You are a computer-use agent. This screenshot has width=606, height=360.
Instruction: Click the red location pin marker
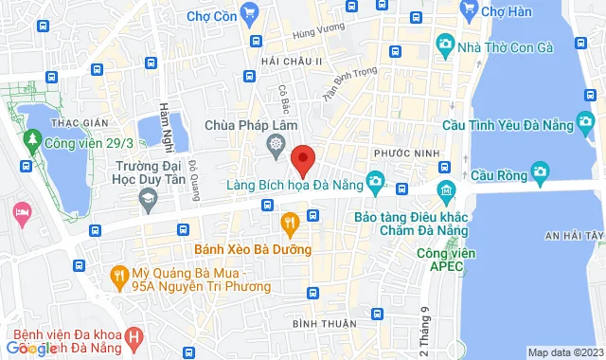(x=303, y=160)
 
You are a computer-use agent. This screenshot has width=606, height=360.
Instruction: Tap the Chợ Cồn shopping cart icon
(x=250, y=12)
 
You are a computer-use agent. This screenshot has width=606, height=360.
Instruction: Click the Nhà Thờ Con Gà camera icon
(x=445, y=44)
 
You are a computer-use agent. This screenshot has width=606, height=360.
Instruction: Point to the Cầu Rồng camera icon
(x=541, y=171)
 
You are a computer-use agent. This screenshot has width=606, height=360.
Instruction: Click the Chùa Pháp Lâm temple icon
(x=276, y=146)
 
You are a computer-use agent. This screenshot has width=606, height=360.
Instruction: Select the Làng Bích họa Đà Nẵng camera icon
(x=376, y=180)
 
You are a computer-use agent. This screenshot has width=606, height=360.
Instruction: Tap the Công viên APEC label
(x=448, y=261)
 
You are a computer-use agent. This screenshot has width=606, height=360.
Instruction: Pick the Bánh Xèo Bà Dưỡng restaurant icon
(x=291, y=225)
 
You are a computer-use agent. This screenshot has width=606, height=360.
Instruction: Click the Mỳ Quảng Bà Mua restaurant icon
(x=118, y=276)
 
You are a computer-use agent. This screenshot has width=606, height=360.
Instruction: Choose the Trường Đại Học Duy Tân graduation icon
(x=148, y=198)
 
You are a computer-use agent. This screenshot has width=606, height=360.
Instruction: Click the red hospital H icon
(x=135, y=335)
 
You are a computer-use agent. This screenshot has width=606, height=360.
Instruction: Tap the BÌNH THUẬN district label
(x=318, y=324)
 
